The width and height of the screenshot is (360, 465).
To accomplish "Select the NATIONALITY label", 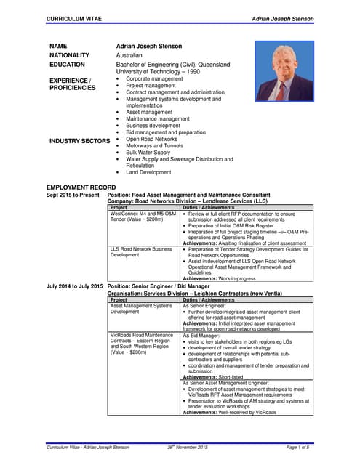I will point(69,55).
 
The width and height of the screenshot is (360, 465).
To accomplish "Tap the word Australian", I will point(129,55).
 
